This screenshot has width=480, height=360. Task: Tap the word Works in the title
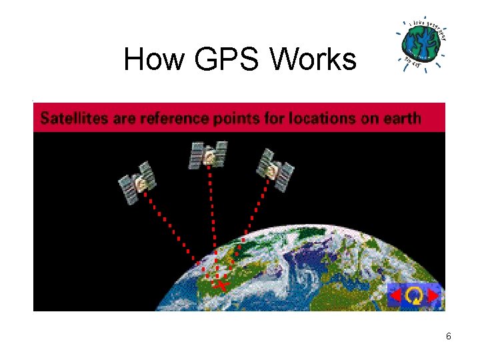click(x=313, y=60)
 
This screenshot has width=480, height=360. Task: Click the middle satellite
click(x=209, y=155)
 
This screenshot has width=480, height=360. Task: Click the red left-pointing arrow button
click(x=395, y=295)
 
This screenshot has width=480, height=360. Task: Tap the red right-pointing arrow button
click(x=434, y=295)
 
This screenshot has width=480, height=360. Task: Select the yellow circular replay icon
click(x=415, y=295)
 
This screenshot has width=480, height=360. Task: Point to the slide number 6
click(x=449, y=337)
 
